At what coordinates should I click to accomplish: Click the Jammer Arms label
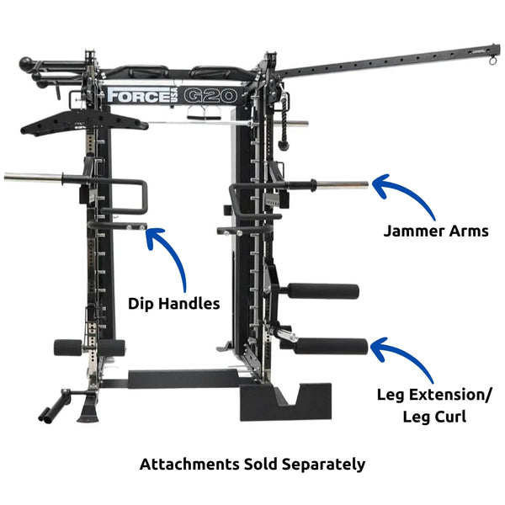435,231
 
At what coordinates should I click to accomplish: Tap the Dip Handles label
174,303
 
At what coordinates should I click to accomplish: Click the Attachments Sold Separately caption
252,464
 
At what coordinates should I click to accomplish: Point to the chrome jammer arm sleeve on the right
337,184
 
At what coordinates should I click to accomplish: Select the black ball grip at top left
29,63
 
